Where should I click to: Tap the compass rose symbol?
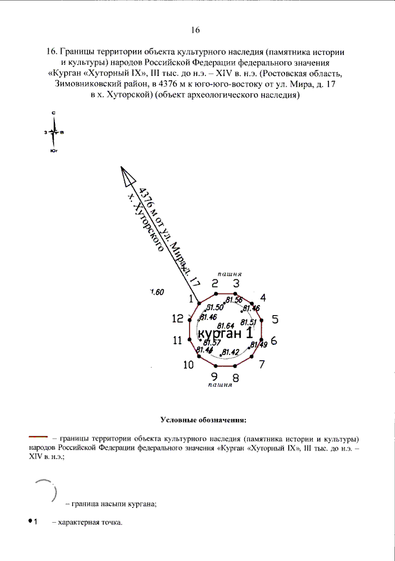[55, 132]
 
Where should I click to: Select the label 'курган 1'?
[225, 333]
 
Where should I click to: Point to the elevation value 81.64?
[227, 325]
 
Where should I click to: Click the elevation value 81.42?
[231, 352]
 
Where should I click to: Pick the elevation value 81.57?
[212, 342]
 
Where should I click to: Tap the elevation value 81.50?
[215, 307]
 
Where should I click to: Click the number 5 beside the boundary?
[275, 319]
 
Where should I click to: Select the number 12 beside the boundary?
[178, 319]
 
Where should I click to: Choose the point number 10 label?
[188, 365]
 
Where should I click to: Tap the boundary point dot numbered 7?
[254, 358]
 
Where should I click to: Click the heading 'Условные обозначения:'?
[203, 421]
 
